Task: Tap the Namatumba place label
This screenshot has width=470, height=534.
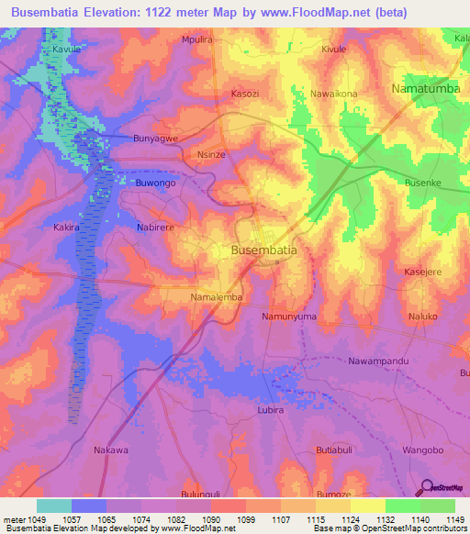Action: coord(425,88)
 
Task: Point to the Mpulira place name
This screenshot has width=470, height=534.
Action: coord(197,40)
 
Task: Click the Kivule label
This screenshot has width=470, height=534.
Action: coord(334,49)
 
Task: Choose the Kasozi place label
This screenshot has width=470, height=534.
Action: coord(245,95)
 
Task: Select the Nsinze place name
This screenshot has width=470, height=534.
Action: coord(211,155)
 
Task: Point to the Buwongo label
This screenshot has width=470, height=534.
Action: coord(155,184)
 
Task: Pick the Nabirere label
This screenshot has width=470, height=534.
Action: coord(155,225)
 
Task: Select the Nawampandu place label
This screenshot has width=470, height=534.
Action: coord(378,361)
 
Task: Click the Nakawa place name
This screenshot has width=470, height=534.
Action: coord(111,450)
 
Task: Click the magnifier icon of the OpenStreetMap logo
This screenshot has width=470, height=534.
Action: coord(426,488)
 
